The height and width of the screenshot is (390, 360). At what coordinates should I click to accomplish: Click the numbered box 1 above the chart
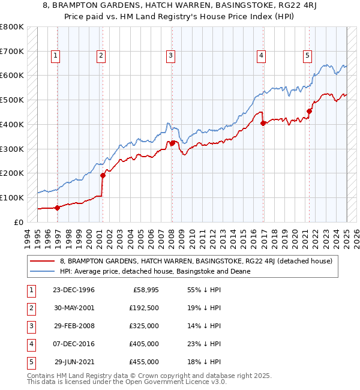click(x=55, y=56)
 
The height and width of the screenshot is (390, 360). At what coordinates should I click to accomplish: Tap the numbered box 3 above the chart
click(x=171, y=56)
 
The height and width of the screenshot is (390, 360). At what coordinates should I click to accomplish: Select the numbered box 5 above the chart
click(x=307, y=56)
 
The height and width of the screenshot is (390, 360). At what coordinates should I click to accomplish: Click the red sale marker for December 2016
click(x=263, y=123)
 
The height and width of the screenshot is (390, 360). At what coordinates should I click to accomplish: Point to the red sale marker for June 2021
click(x=310, y=111)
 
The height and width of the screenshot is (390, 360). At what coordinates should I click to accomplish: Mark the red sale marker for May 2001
click(x=103, y=175)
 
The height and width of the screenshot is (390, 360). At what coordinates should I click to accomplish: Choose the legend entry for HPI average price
click(x=154, y=271)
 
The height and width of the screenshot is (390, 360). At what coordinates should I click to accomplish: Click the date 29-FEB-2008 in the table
click(x=74, y=326)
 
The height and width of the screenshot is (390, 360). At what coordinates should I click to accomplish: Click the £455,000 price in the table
click(x=144, y=362)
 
